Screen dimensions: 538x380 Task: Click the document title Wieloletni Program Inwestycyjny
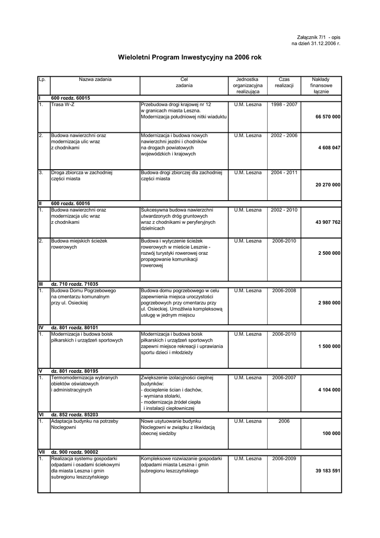[189, 57]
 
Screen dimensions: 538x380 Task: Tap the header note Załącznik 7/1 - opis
[319, 38]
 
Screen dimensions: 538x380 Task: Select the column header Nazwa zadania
[95, 79]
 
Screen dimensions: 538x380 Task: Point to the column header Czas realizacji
[284, 82]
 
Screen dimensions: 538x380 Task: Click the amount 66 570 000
[328, 116]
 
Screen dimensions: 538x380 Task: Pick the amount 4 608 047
[329, 148]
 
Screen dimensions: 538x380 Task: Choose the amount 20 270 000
[328, 184]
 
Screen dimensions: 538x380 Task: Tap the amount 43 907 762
[328, 222]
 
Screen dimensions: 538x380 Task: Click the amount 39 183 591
[328, 471]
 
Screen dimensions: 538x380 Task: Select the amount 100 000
[331, 433]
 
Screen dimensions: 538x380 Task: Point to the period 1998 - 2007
[284, 105]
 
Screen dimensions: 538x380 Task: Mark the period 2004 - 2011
[284, 172]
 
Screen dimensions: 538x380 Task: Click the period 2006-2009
[284, 459]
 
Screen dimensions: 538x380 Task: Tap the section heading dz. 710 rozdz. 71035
[75, 284]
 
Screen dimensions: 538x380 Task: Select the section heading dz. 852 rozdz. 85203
[75, 415]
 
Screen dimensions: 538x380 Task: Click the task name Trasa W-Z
[61, 105]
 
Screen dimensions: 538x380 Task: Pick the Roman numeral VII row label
[41, 452]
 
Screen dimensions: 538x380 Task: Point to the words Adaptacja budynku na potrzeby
[85, 421]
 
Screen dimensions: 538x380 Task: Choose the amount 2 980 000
[329, 303]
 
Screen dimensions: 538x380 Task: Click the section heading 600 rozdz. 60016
[70, 203]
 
